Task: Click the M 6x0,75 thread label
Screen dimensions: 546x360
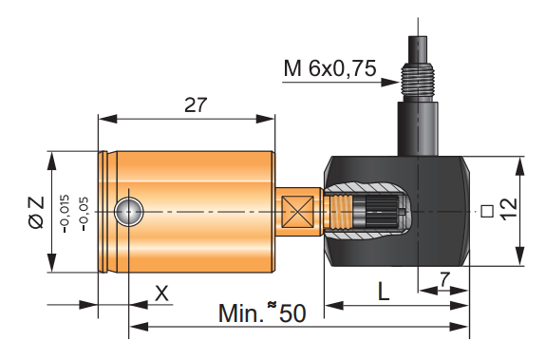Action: (x=329, y=68)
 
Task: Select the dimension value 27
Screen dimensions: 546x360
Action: (x=196, y=104)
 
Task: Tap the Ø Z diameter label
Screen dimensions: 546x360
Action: (x=37, y=213)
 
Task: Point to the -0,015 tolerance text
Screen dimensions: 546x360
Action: (x=65, y=214)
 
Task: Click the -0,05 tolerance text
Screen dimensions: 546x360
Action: (x=84, y=214)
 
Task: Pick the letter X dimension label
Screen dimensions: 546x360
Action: (x=161, y=294)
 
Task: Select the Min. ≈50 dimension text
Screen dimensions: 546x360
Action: (x=262, y=313)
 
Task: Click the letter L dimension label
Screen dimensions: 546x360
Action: (x=384, y=292)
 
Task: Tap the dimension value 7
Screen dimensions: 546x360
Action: (x=444, y=279)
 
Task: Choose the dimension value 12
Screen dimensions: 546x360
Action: (x=508, y=208)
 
